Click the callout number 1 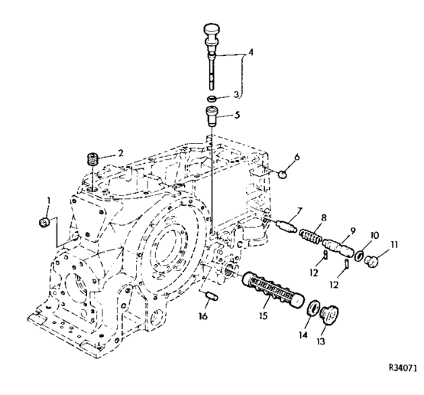49,201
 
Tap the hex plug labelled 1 44,223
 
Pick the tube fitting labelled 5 213,117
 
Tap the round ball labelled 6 283,175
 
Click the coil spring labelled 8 310,236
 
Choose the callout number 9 352,231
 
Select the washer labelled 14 313,308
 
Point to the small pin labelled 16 212,295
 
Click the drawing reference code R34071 403,368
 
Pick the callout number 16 203,316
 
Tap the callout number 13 320,341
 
